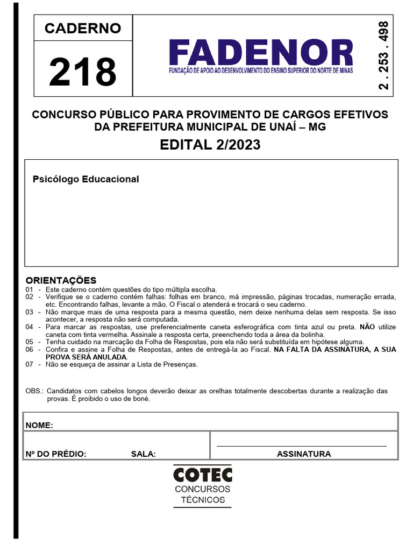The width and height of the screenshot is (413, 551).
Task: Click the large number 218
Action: point(83,72)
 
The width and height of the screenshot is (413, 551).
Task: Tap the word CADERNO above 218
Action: point(83,29)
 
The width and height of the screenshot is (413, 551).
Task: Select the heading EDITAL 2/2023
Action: point(210,145)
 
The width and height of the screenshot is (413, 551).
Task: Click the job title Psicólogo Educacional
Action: point(86,179)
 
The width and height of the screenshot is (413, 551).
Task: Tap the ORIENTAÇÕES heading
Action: point(61,280)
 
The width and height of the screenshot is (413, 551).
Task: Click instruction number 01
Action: point(30,289)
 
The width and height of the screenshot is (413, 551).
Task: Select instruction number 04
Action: point(30,327)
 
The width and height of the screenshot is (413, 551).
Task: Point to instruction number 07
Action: point(30,364)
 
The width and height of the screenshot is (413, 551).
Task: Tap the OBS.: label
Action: point(35,391)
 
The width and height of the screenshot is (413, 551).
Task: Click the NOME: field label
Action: point(39,425)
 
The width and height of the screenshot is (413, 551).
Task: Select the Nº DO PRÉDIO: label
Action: point(56,454)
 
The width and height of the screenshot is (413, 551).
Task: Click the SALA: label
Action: point(144,454)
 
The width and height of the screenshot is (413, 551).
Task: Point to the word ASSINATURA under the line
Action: point(304,454)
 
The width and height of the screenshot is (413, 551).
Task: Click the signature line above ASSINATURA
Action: point(301,446)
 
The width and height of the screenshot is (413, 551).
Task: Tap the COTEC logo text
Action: point(203,475)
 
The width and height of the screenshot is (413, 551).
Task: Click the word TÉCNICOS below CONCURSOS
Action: point(203,500)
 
